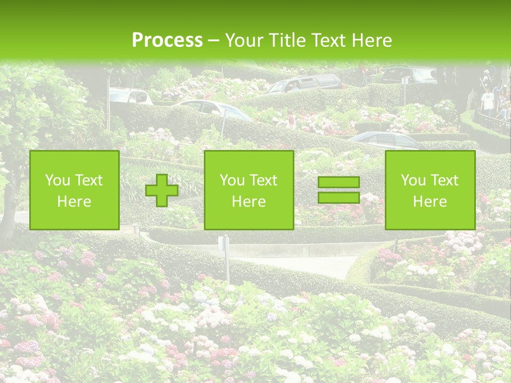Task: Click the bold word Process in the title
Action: coord(167,40)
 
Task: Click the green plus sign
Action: coord(162,190)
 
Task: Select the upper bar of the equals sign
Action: coord(339,182)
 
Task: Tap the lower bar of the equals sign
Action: coord(339,197)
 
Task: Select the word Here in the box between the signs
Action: coord(249,202)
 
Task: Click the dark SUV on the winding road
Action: coord(305,83)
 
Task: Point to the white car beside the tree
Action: coord(130,96)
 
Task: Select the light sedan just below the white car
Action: coord(213,109)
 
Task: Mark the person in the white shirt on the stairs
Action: coord(488,101)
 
